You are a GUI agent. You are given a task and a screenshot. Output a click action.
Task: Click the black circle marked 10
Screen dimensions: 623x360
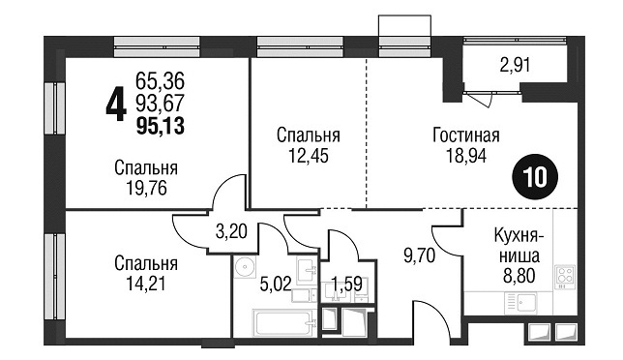click(535, 178)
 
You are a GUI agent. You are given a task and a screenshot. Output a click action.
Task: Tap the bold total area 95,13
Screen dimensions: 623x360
click(161, 127)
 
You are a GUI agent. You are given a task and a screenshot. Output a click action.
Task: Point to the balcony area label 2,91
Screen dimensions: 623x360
click(515, 65)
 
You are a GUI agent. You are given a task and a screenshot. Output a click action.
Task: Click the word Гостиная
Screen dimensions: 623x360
click(466, 135)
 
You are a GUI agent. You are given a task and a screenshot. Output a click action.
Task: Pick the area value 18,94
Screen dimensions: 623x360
click(466, 156)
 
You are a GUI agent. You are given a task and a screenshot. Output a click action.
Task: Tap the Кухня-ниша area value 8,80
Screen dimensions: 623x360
click(519, 276)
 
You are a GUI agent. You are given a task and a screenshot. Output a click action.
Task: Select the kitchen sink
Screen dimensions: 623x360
click(520, 303)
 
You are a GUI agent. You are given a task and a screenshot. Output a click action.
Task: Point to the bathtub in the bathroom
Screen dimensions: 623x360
click(284, 322)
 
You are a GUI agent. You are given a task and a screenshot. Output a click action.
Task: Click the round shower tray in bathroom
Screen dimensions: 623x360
click(245, 267)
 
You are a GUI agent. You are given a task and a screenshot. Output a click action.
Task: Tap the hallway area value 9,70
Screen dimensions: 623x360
click(420, 255)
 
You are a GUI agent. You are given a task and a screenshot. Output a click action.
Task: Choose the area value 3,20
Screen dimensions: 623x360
click(231, 231)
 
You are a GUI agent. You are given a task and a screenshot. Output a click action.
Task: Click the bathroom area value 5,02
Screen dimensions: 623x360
click(276, 285)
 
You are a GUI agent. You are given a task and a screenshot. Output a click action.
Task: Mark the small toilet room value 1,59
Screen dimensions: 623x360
click(346, 285)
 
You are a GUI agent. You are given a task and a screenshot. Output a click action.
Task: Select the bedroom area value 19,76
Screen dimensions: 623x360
click(146, 188)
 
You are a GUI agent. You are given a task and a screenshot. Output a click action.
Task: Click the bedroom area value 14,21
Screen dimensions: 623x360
click(145, 284)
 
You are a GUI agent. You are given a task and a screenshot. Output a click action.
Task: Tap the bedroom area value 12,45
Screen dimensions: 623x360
click(309, 156)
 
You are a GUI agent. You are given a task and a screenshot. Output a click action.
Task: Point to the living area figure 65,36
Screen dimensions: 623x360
click(161, 81)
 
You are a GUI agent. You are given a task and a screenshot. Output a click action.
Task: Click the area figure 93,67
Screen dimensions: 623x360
click(161, 104)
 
